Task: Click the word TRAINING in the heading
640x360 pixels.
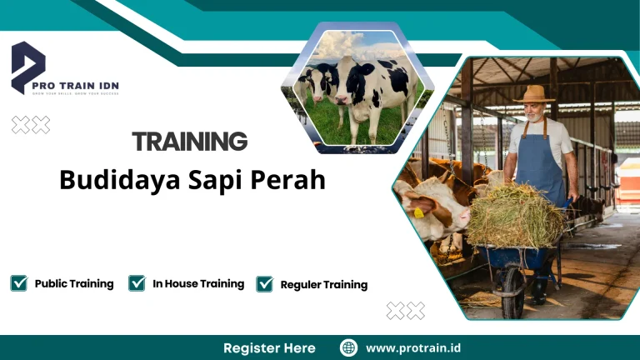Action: point(189,141)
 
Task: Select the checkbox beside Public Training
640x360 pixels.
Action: point(18,283)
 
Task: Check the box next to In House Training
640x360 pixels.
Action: point(137,283)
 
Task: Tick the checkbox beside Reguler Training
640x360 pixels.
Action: point(265,284)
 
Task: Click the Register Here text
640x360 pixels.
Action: point(269,347)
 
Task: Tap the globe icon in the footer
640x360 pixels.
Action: point(349,347)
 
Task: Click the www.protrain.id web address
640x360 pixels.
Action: point(413,347)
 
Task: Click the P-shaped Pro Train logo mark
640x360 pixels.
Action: point(27,67)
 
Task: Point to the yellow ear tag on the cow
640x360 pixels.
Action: point(418,212)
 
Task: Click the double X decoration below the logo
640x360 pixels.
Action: point(30,125)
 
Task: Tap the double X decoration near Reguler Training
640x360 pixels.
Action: point(405,311)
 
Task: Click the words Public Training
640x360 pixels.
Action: point(74,283)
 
